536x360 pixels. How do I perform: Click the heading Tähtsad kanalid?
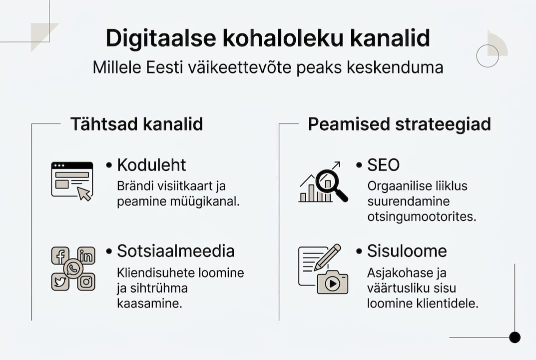pyautogui.click(x=136, y=124)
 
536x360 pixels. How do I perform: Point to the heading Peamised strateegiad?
pyautogui.click(x=399, y=124)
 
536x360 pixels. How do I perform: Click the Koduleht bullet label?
pyautogui.click(x=151, y=165)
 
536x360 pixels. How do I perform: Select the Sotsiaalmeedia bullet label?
pyautogui.click(x=175, y=251)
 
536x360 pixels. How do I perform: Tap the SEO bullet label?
pyautogui.click(x=383, y=165)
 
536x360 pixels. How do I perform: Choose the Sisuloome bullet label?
pyautogui.click(x=407, y=251)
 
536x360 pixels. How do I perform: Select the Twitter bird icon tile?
pyautogui.click(x=60, y=281)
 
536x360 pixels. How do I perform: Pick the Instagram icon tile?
pyautogui.click(x=86, y=281)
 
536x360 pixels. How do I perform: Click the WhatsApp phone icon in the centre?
pyautogui.click(x=73, y=269)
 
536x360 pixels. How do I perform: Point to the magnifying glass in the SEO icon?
pyautogui.click(x=330, y=181)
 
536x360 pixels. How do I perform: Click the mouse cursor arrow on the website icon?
pyautogui.click(x=84, y=193)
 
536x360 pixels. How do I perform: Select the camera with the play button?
pyautogui.click(x=332, y=282)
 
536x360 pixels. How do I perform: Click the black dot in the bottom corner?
pyautogui.click(x=515, y=337)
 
